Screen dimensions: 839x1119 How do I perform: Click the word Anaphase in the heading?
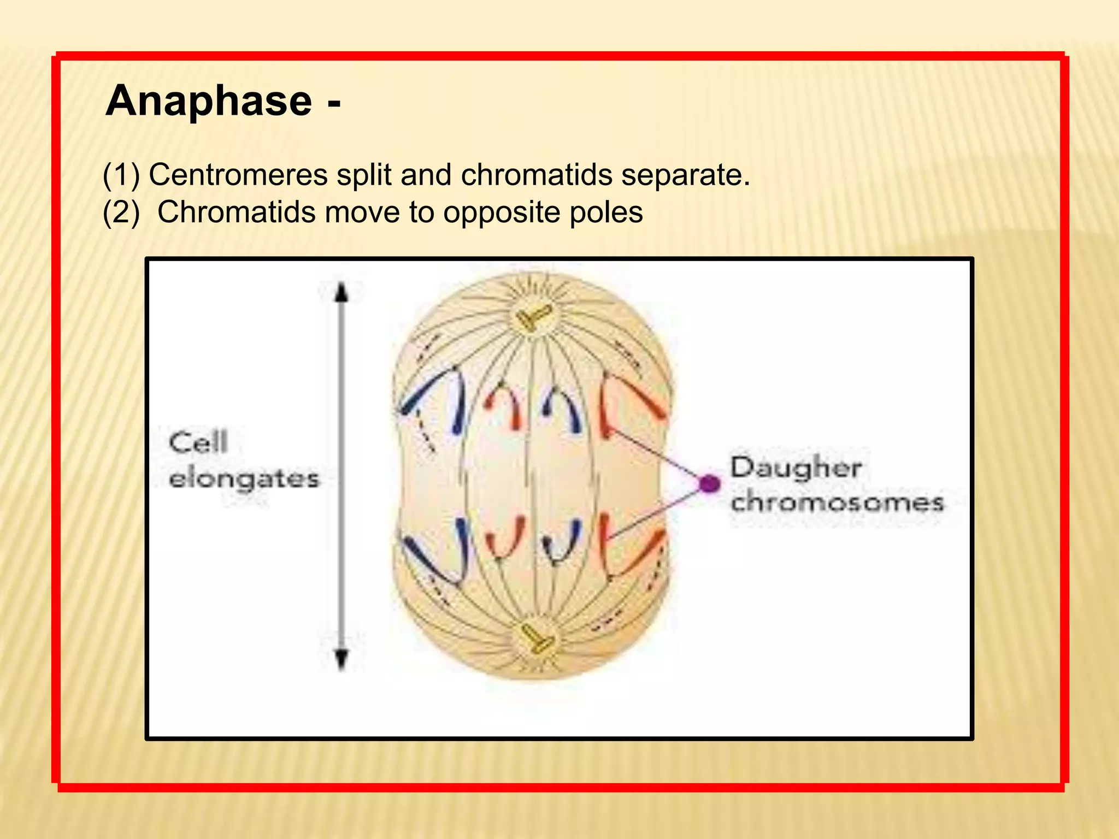[209, 101]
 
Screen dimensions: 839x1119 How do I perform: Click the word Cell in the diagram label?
[198, 442]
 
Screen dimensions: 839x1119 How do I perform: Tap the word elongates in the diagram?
[244, 480]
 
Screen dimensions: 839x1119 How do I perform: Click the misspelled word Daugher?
[796, 469]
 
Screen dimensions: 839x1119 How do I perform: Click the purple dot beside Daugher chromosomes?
[710, 483]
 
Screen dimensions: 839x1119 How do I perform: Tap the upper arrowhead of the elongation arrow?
[341, 293]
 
